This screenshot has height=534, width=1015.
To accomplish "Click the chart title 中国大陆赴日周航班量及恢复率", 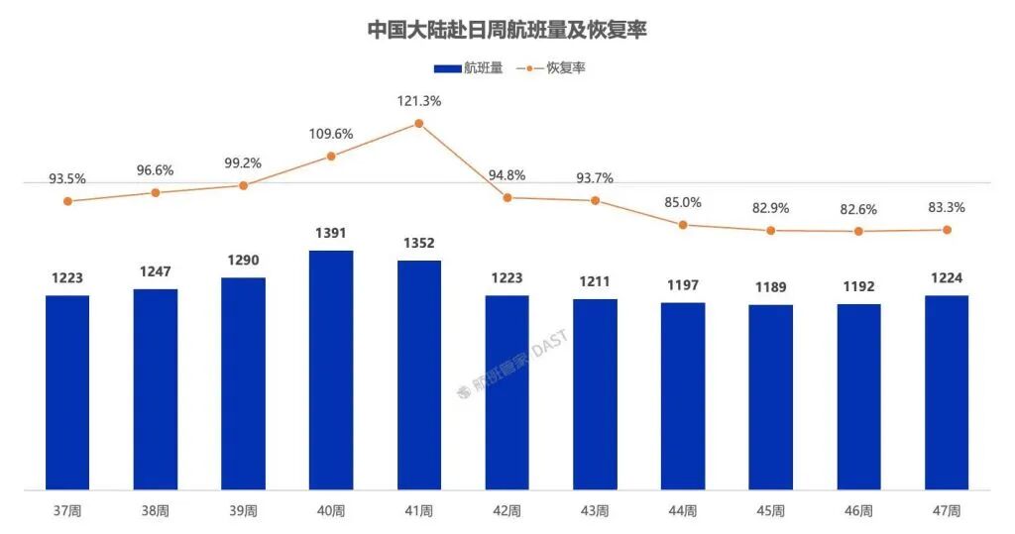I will coord(507,29).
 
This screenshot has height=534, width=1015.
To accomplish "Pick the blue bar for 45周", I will coord(770,396).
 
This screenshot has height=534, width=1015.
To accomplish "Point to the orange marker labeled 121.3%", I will coord(418,124).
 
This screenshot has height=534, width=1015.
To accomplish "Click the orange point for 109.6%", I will coord(331,157).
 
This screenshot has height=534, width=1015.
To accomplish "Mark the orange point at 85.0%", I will coord(683,225).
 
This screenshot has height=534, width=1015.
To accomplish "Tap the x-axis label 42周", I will coord(507,511).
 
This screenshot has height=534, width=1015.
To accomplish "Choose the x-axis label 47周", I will coord(947,511).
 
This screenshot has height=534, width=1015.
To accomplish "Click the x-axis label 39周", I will coord(243,511).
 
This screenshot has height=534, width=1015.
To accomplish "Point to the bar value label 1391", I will coord(331,234).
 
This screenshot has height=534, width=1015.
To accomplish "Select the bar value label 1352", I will coord(418,244).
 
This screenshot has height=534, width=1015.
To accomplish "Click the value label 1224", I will coord(947,278).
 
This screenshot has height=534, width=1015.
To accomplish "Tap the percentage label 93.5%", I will coord(67,179).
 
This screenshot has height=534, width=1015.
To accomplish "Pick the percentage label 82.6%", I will coord(858,209).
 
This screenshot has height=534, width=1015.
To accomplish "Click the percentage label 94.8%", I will coord(507,175).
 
